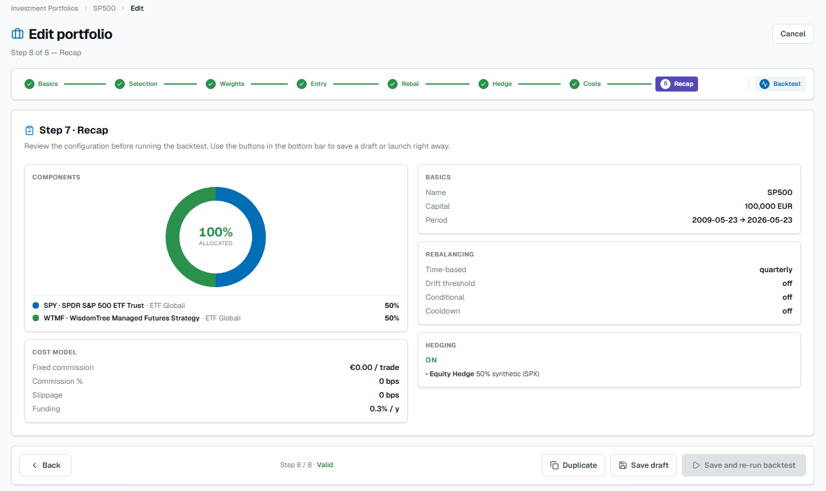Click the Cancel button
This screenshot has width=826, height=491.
(793, 34)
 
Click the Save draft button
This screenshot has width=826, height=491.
(643, 465)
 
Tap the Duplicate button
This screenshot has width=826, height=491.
(573, 465)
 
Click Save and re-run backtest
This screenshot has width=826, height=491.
(744, 465)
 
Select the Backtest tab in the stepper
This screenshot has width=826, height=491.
(780, 84)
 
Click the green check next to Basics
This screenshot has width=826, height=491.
(29, 84)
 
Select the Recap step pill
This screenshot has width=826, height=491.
(677, 84)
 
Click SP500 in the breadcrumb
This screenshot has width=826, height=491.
(104, 8)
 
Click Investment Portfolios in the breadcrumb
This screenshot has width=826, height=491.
(45, 8)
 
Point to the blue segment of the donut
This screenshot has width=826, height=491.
(259, 237)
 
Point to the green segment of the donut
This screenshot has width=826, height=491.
(172, 237)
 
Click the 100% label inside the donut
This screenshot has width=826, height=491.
(216, 232)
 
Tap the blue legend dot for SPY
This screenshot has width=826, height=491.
(36, 305)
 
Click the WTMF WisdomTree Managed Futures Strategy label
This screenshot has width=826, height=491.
(122, 318)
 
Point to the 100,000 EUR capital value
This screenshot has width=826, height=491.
(768, 206)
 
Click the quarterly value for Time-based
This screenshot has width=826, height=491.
(776, 270)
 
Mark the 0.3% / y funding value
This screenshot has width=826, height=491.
(384, 409)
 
